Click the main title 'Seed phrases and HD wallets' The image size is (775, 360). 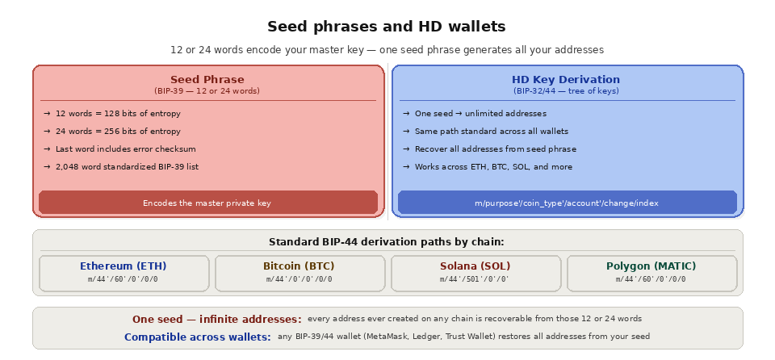[387, 27]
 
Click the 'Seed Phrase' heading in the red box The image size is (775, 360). [207, 80]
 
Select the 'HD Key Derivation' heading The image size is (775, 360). [566, 80]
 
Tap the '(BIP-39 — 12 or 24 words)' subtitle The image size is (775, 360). [207, 91]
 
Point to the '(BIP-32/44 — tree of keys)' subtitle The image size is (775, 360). [566, 91]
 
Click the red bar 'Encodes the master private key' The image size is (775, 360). [207, 203]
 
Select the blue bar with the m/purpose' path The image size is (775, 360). [567, 203]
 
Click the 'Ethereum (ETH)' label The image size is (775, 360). [124, 266]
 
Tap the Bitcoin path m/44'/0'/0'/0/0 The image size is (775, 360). [300, 279]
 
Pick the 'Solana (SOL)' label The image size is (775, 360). [475, 266]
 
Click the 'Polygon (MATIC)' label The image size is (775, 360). [651, 266]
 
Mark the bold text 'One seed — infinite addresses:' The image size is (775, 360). [217, 320]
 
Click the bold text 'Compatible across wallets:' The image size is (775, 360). [198, 337]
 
